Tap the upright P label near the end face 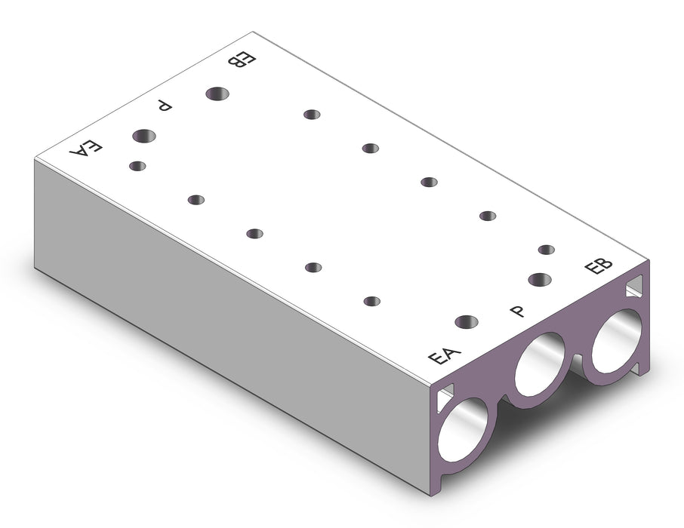pos(518,311)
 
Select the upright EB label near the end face pos(598,266)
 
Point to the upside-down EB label pos(242,60)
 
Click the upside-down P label pos(165,105)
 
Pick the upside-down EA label pos(86,149)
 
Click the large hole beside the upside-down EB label pos(217,94)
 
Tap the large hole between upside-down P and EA pos(144,136)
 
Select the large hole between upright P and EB pos(540,280)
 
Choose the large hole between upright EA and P pos(467,322)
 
